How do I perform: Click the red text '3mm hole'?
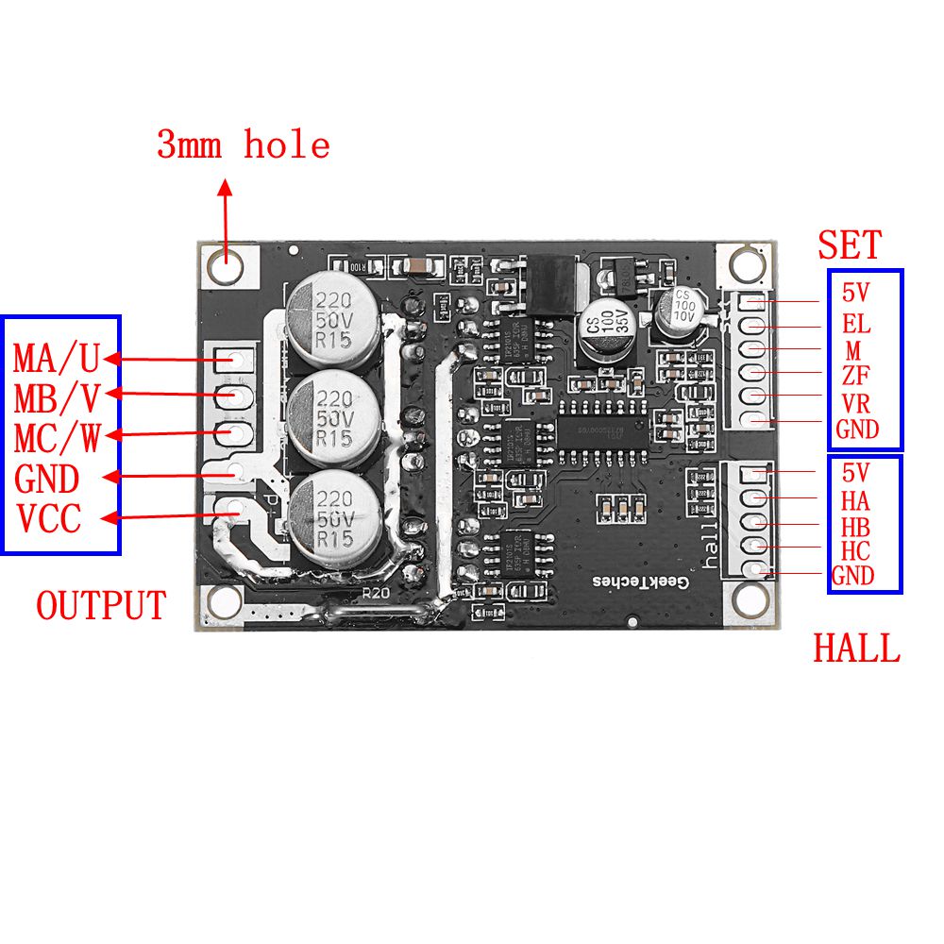[244, 145]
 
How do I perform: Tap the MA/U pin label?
[57, 359]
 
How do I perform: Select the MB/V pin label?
[57, 398]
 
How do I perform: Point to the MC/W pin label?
[57, 439]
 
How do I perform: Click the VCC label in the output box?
[48, 519]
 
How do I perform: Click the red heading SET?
[850, 245]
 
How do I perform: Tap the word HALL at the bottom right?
[857, 649]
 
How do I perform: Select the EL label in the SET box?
[856, 326]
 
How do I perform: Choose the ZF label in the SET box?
[855, 378]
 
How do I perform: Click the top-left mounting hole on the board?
[227, 265]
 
